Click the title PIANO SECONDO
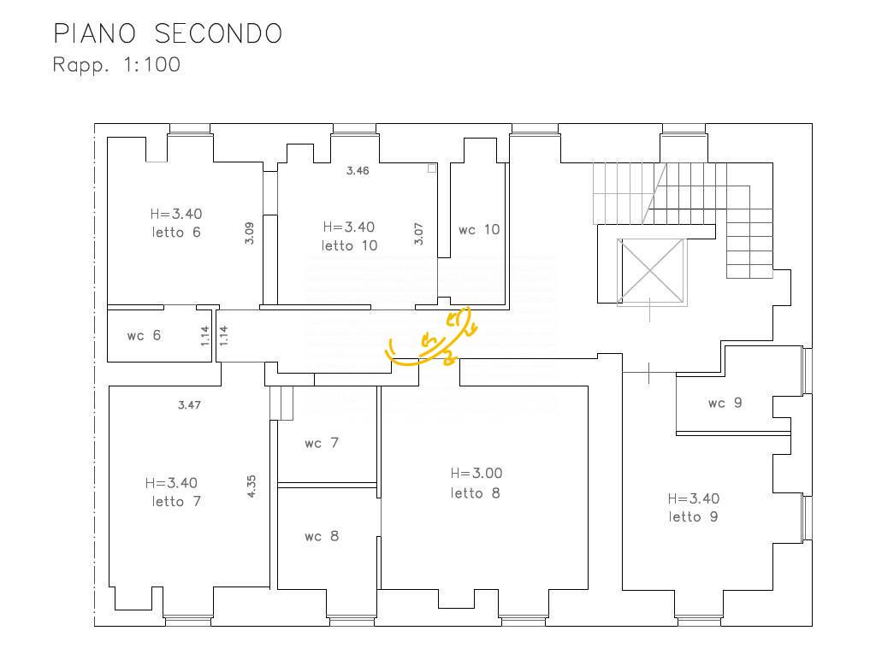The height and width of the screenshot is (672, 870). [168, 34]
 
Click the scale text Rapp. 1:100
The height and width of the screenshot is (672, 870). [116, 65]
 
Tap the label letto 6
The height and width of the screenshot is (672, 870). [176, 233]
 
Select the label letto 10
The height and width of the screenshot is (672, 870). [349, 245]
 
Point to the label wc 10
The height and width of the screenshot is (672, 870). [479, 229]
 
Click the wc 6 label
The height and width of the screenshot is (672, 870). [144, 335]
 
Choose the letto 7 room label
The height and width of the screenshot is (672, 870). [176, 501]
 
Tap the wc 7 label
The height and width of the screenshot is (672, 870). [322, 443]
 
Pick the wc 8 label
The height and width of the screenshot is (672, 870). [322, 536]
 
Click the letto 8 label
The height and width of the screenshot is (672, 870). [476, 492]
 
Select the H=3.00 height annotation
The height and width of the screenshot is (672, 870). [476, 473]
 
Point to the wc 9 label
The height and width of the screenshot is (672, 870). [725, 403]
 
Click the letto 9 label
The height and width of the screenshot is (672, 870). [693, 517]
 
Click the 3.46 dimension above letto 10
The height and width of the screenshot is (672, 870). [358, 171]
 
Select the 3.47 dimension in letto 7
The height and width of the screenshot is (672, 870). [189, 404]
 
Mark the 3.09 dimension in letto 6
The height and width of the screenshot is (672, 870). [249, 233]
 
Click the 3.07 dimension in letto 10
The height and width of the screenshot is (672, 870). [419, 234]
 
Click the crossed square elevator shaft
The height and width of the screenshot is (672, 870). [652, 271]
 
